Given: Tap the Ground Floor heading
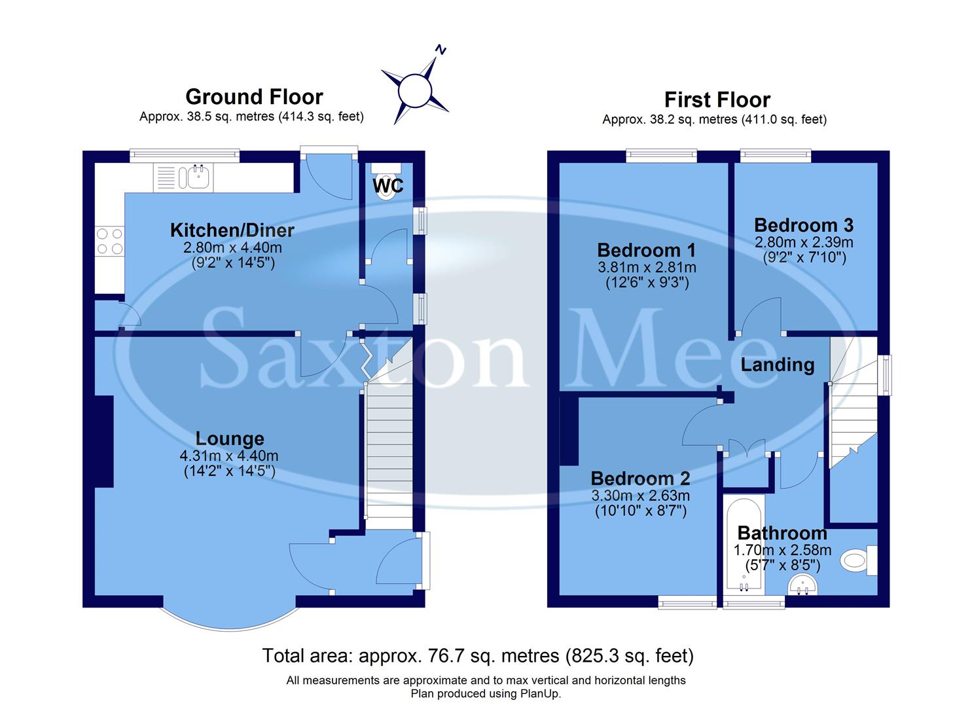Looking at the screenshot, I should point(254,97).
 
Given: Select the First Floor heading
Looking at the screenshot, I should point(717,100).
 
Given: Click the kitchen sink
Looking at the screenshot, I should point(198,177).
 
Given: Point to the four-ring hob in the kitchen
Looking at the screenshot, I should point(109,240).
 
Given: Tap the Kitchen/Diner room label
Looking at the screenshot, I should point(232,230).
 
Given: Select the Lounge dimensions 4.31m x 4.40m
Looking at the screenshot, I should point(229,456).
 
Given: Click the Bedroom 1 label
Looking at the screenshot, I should point(646,250).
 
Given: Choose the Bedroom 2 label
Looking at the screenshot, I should point(640,479).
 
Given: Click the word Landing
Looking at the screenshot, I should point(777,365).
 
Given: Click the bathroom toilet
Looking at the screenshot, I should point(857,560).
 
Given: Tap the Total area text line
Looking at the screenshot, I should point(478,655).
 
